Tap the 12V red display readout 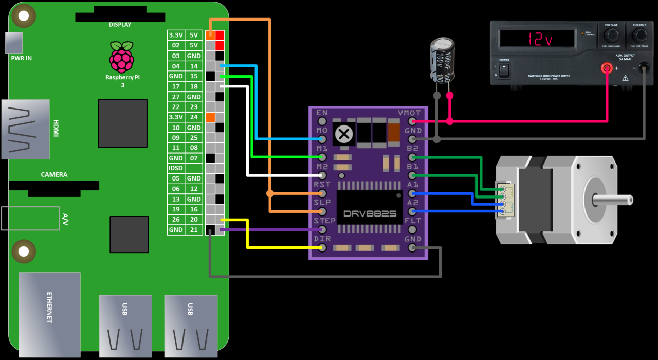(x=537, y=39)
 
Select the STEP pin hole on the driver (x=322, y=229)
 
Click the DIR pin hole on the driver (x=322, y=248)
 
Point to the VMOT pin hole (x=412, y=121)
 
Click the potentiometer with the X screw (x=344, y=134)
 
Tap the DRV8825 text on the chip (x=370, y=213)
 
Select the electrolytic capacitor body (x=443, y=60)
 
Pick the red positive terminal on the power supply (x=607, y=67)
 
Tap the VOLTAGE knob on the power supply (x=611, y=35)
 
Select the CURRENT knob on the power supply (x=640, y=35)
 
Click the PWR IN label (x=21, y=58)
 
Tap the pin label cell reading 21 (x=194, y=230)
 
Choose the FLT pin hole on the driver (x=412, y=229)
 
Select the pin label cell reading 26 (x=176, y=220)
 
